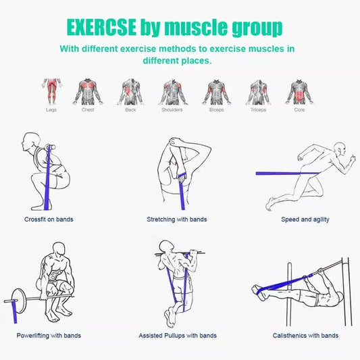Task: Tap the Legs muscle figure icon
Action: (x=51, y=91)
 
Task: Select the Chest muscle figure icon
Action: (x=88, y=91)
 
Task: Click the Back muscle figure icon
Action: (x=131, y=91)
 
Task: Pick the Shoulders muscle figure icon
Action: (x=172, y=91)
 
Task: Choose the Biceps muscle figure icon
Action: (x=216, y=91)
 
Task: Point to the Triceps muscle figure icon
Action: (x=257, y=91)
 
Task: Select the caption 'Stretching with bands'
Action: (x=177, y=220)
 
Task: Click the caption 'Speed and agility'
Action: (x=305, y=220)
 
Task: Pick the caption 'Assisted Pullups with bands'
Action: (x=178, y=336)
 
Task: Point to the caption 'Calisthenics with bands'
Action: (x=305, y=336)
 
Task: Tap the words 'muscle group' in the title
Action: (x=221, y=28)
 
